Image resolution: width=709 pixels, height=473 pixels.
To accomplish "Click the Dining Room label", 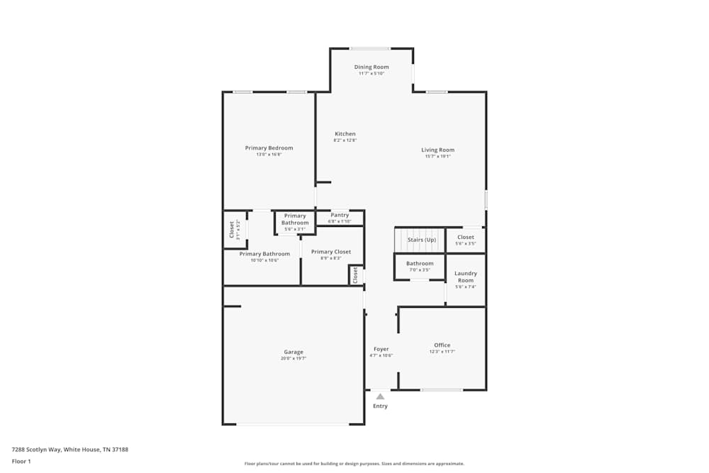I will (372, 67).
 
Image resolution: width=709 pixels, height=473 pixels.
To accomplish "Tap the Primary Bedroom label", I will (269, 148).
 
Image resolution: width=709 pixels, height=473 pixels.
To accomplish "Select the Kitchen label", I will (345, 134).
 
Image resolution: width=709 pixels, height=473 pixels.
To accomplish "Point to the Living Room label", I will (437, 150).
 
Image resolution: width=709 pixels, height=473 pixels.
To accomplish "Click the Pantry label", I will (340, 215).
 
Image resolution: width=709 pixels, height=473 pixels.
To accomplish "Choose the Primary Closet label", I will (331, 252).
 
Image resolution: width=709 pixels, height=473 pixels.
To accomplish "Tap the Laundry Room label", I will (465, 277).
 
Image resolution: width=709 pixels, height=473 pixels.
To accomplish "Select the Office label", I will (442, 345).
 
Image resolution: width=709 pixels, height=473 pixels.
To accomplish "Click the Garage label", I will (294, 352).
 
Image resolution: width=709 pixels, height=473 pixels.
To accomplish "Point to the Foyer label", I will (381, 349).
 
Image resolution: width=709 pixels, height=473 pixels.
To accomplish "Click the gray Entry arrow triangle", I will (380, 396).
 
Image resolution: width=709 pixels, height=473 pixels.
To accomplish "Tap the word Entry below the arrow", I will (380, 406).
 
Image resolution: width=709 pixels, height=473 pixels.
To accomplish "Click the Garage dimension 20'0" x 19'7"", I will (294, 359).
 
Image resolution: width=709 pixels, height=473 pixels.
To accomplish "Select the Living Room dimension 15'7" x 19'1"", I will (437, 157).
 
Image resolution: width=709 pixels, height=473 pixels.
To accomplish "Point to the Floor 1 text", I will (21, 461).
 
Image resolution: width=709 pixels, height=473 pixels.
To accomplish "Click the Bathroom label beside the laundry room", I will (420, 264).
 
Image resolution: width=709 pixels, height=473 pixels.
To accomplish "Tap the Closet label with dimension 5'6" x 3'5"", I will (466, 238).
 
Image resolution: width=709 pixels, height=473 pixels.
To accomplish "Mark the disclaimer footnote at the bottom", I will (354, 464).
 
